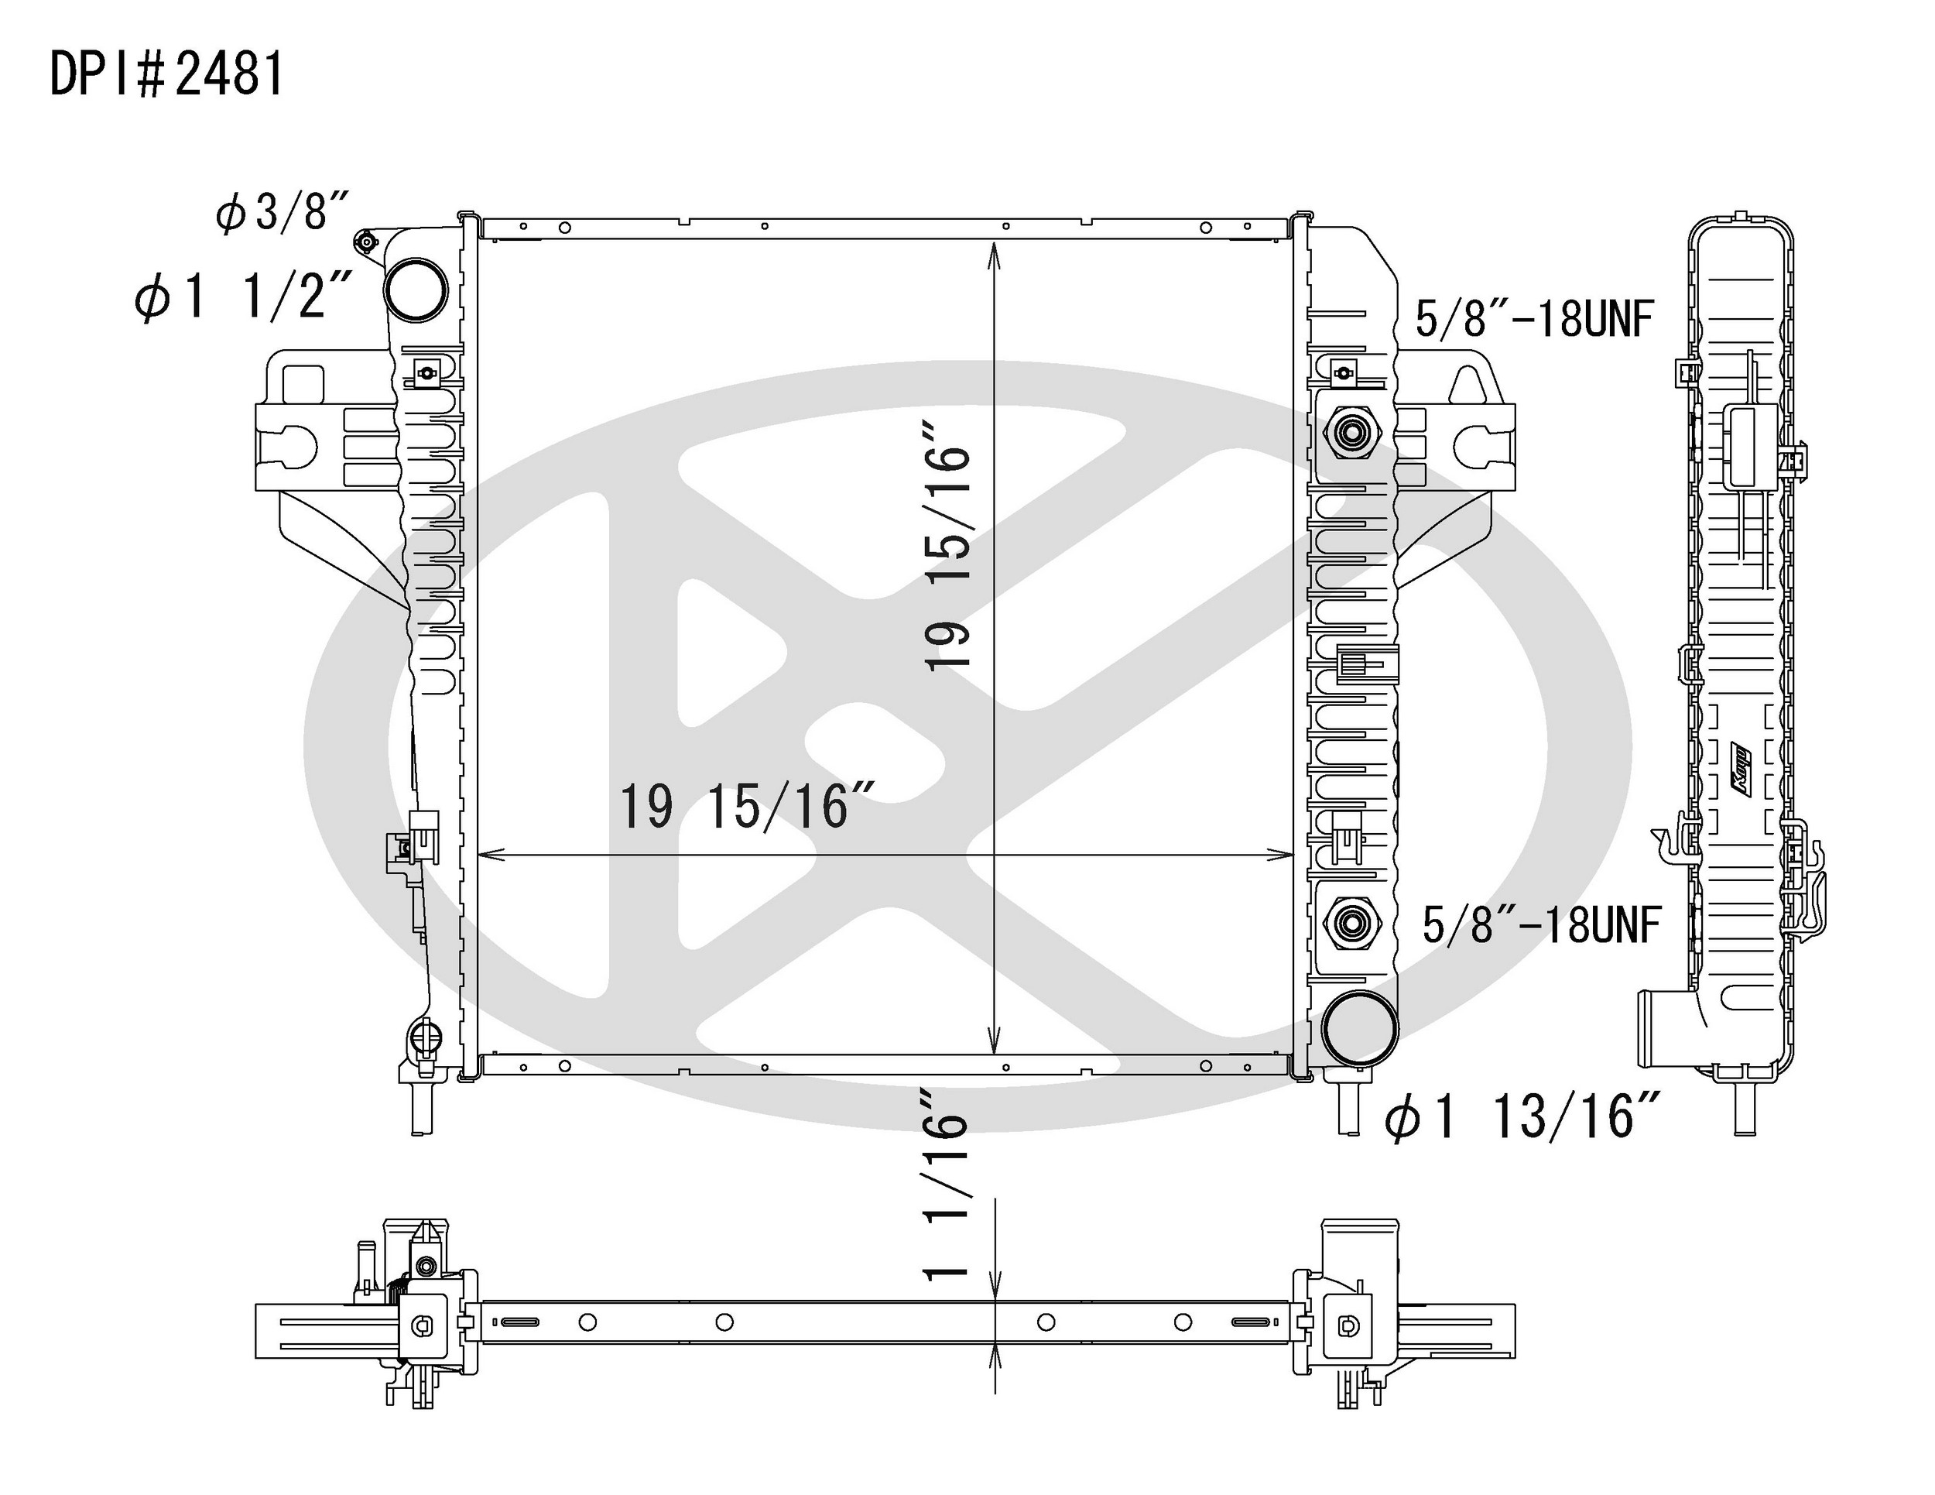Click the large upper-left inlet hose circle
click(416, 288)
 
